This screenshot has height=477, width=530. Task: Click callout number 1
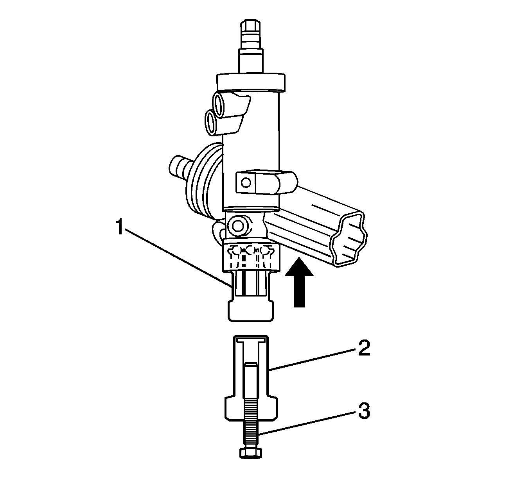[x=120, y=227]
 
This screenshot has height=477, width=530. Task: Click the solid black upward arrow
[x=299, y=282]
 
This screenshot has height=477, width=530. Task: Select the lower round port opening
[x=211, y=122]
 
